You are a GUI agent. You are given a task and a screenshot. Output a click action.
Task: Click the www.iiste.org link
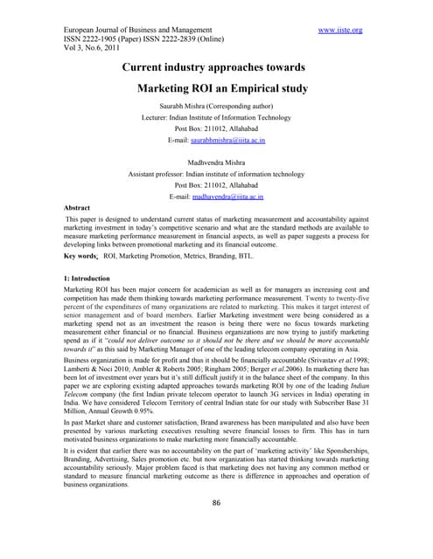coord(340,31)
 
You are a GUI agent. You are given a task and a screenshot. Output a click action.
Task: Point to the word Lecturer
coord(158,116)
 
